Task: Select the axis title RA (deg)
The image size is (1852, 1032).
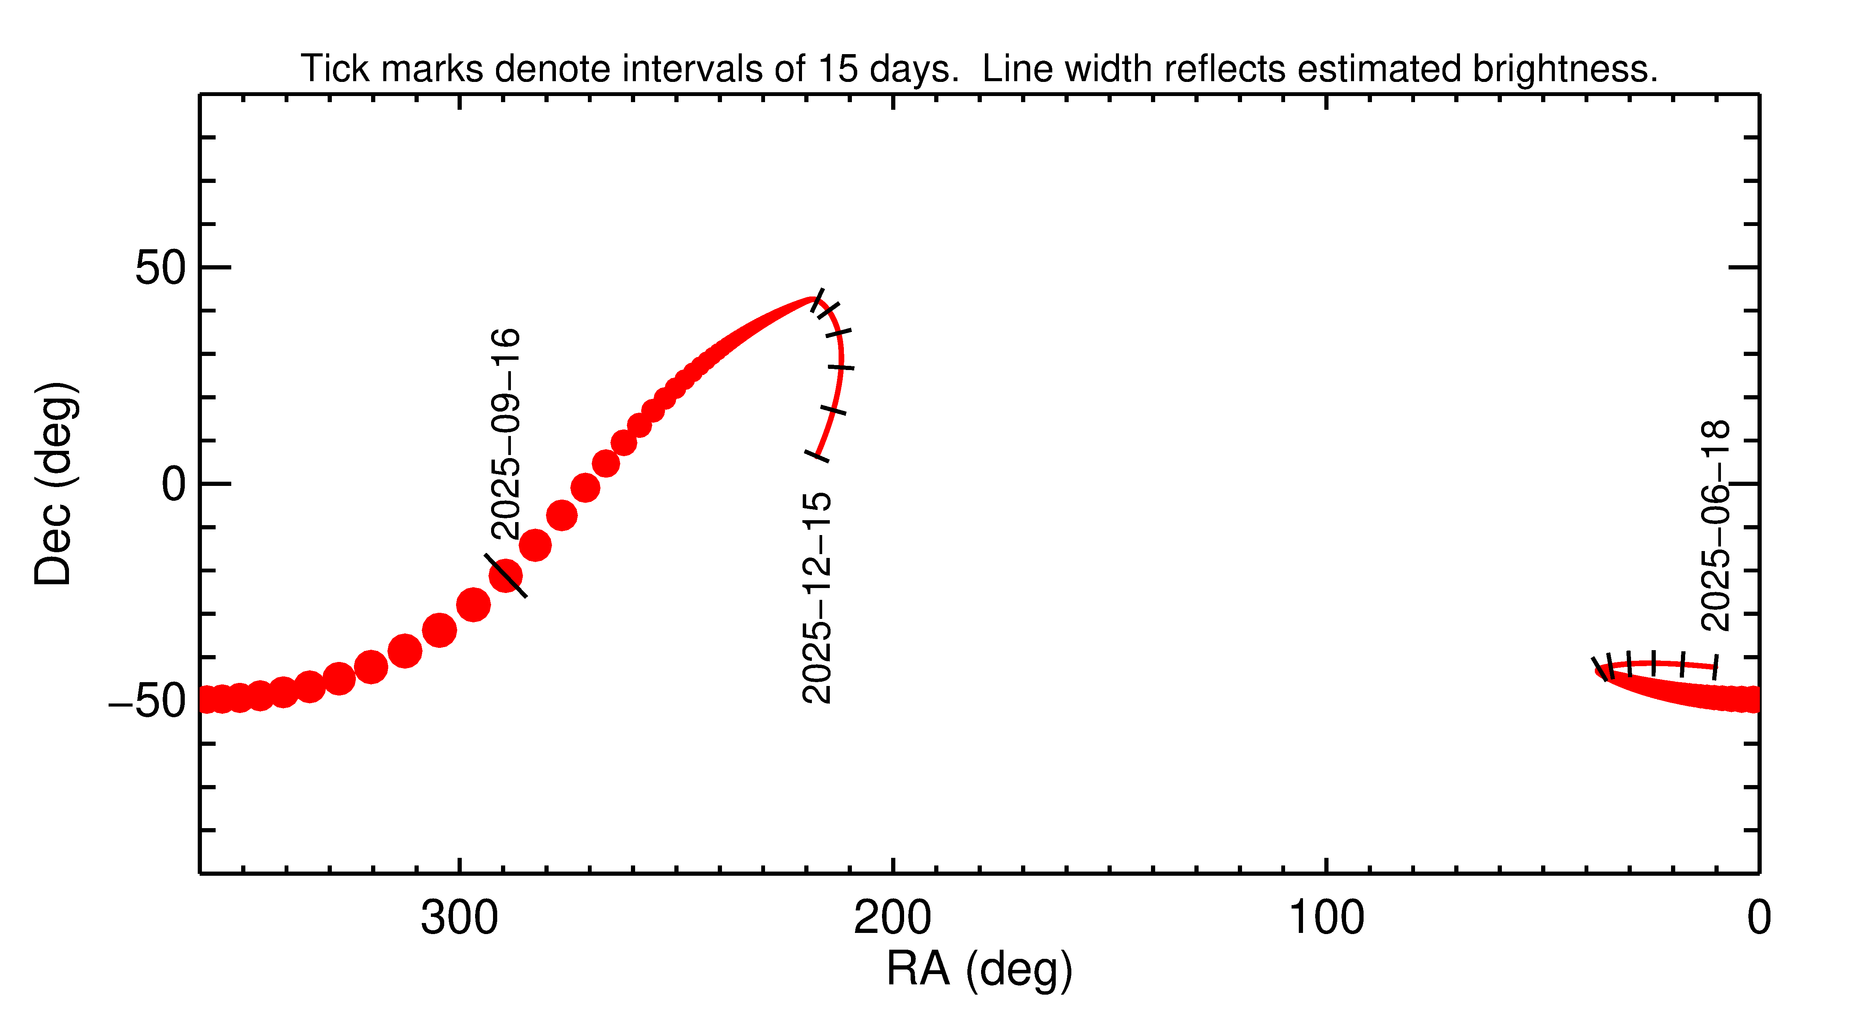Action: tap(979, 970)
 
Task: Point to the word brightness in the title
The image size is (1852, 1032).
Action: tap(1564, 69)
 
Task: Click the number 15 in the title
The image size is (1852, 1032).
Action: tap(837, 69)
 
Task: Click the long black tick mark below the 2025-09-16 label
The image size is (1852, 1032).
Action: tap(506, 575)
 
